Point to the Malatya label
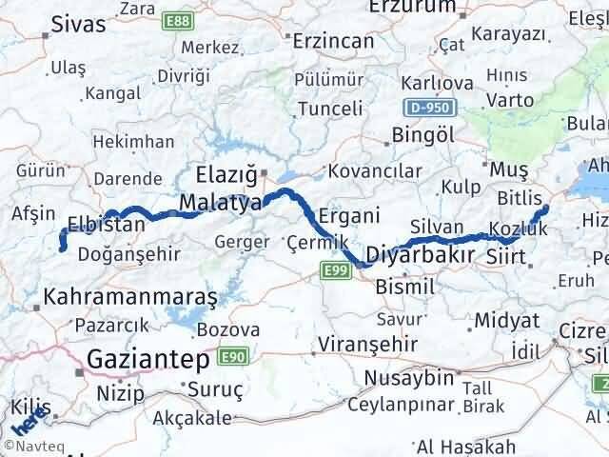click(220, 203)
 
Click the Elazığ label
click(226, 174)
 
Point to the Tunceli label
click(330, 109)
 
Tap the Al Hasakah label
click(465, 446)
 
